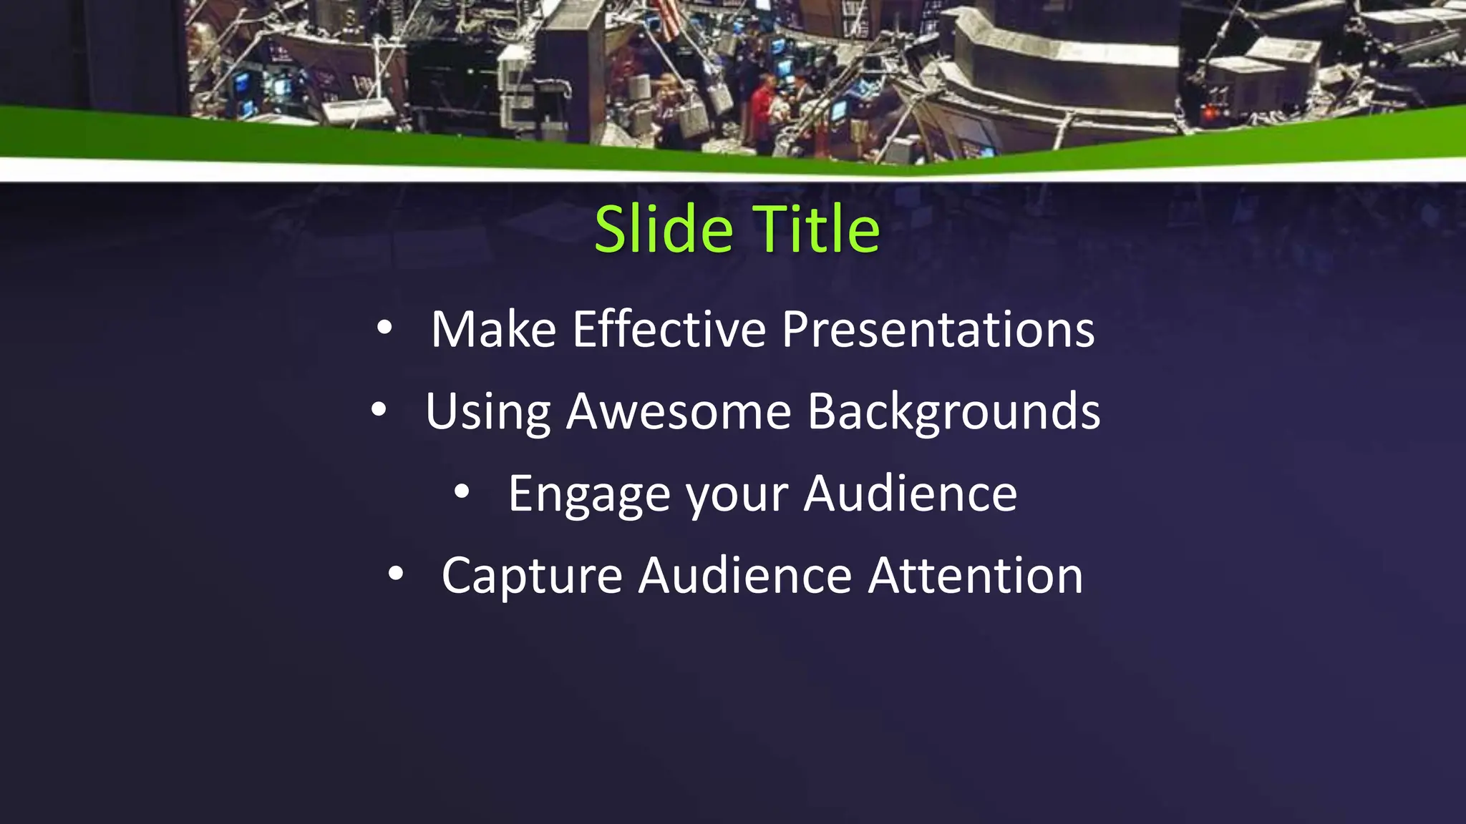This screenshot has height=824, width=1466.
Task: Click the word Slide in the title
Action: click(x=663, y=230)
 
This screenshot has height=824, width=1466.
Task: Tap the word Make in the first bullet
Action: click(x=493, y=330)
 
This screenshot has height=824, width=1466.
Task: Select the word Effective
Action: click(x=669, y=330)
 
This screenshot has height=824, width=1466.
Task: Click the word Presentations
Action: click(x=938, y=330)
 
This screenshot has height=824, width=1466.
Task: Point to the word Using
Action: click(x=487, y=413)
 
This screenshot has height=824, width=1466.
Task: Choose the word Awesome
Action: click(x=679, y=412)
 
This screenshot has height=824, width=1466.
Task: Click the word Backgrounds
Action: click(x=953, y=412)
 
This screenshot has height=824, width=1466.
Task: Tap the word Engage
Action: click(x=588, y=495)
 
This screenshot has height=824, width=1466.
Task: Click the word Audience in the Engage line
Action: click(x=910, y=494)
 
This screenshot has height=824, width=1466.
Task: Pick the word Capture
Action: click(x=532, y=577)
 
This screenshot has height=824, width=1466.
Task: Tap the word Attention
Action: click(x=976, y=576)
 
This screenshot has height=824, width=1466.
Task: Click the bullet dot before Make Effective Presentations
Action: click(x=384, y=328)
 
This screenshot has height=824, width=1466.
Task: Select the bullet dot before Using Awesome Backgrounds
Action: click(x=379, y=410)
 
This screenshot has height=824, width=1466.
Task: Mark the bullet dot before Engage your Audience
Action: click(x=462, y=492)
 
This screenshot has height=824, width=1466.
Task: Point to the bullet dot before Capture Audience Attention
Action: click(x=396, y=574)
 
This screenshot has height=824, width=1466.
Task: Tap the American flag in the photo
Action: click(x=666, y=18)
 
